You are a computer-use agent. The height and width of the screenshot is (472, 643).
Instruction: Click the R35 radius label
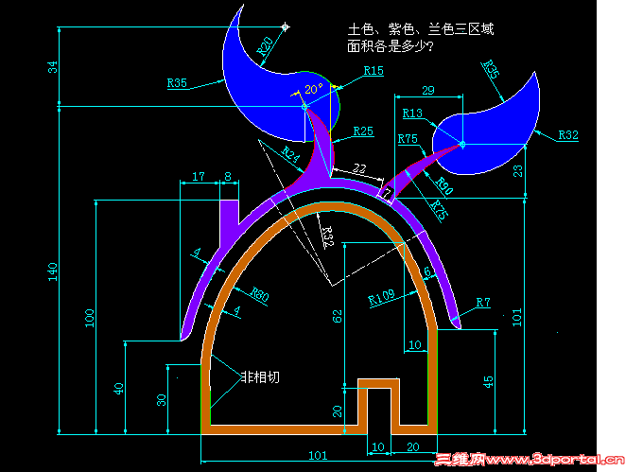click(178, 83)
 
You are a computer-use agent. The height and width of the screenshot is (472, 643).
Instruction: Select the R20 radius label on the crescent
click(268, 44)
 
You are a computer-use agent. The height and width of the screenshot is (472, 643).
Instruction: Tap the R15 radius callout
click(374, 71)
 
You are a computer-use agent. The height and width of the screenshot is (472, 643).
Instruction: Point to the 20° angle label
click(313, 89)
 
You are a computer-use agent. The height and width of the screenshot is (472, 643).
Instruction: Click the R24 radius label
click(290, 153)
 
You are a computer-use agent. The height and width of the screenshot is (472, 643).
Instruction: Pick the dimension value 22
click(359, 168)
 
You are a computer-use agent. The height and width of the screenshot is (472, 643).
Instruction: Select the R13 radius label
click(412, 114)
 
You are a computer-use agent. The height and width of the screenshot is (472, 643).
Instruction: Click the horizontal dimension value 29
click(427, 90)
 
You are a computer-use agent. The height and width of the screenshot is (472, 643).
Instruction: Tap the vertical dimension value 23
click(544, 171)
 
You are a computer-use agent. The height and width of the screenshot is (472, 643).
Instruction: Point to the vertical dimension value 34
click(53, 67)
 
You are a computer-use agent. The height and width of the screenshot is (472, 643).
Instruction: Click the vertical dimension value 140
click(53, 271)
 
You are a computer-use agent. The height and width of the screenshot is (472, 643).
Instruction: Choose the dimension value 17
click(199, 176)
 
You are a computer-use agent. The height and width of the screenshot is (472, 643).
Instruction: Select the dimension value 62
click(338, 316)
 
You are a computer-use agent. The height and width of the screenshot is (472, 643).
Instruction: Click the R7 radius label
click(482, 303)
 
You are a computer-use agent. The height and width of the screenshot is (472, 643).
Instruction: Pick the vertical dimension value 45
click(488, 381)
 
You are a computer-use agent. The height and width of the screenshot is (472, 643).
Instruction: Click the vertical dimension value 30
click(162, 400)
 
